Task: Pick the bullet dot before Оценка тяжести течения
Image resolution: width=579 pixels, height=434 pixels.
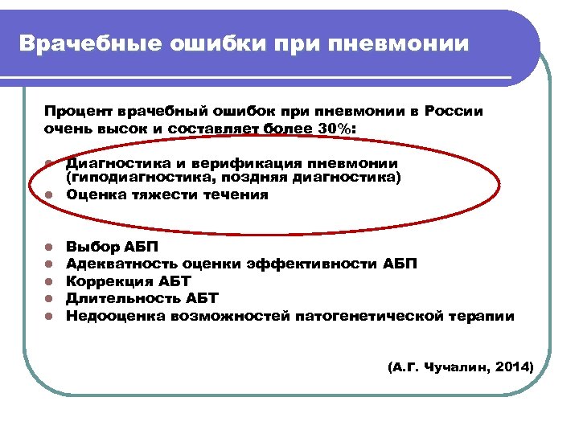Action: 49,194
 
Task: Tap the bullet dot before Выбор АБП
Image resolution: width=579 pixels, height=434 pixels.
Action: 49,247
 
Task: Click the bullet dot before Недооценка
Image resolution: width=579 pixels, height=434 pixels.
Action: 49,316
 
